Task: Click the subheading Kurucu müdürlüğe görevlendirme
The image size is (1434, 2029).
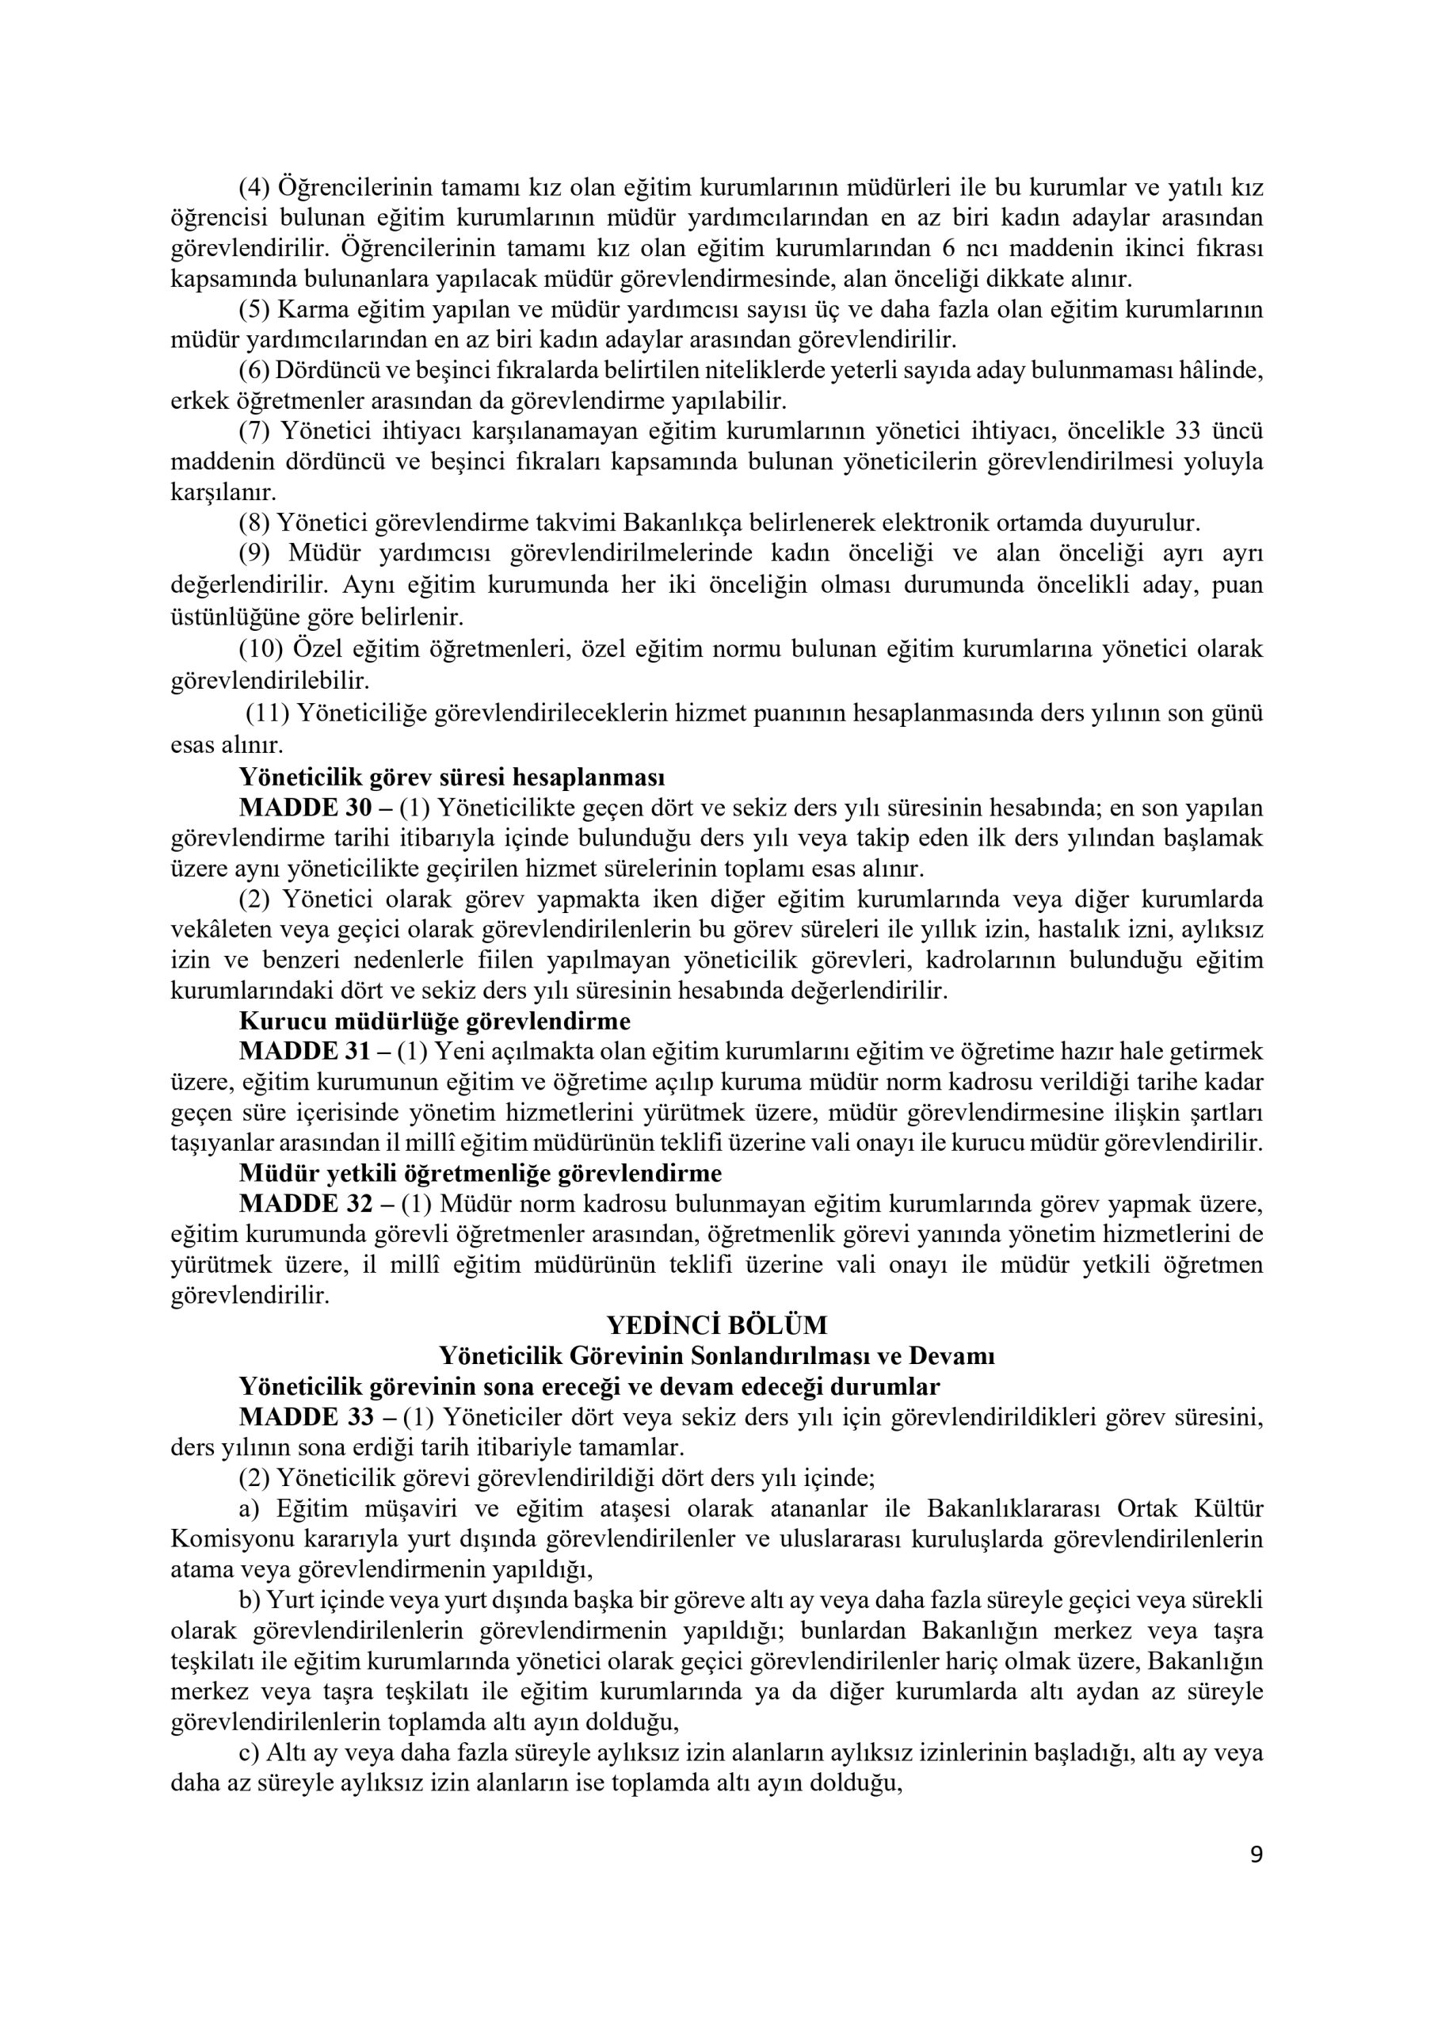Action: tap(435, 1021)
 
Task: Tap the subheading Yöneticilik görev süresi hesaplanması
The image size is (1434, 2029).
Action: tap(452, 777)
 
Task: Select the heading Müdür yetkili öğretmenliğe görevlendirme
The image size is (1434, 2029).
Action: tap(480, 1173)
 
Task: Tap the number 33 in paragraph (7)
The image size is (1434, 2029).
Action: tap(1191, 431)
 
